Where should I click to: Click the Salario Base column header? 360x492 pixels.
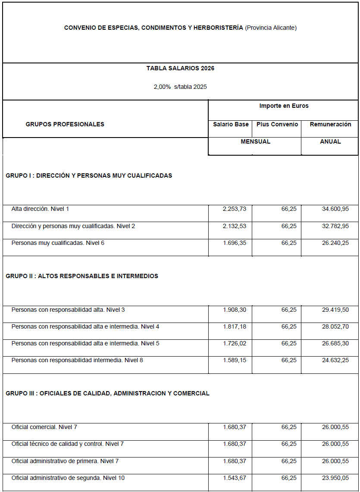point(231,124)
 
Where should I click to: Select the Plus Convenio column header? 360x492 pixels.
point(277,124)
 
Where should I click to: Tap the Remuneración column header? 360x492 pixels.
point(330,124)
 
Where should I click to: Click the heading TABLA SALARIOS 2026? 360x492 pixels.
point(180,68)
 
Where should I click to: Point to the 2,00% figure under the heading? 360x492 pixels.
point(162,87)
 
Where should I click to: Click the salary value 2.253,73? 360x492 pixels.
point(235,209)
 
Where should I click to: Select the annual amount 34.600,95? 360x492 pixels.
point(335,209)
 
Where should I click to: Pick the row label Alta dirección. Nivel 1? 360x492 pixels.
point(40,209)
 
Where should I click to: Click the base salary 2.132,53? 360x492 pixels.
point(235,226)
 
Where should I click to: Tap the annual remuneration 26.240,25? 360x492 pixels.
point(335,243)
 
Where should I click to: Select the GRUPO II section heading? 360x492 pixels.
point(82,276)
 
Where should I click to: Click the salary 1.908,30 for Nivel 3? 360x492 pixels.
point(235,310)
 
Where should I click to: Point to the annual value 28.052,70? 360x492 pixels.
point(335,326)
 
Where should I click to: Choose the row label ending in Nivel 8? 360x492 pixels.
point(77,360)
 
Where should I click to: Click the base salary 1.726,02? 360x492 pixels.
point(235,343)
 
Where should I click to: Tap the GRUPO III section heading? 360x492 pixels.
point(107,393)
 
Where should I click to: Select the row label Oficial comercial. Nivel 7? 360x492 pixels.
point(44,427)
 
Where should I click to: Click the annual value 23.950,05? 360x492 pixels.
point(335,478)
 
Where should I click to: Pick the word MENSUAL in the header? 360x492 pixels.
point(255,141)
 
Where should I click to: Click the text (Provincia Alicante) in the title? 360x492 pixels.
point(271,28)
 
